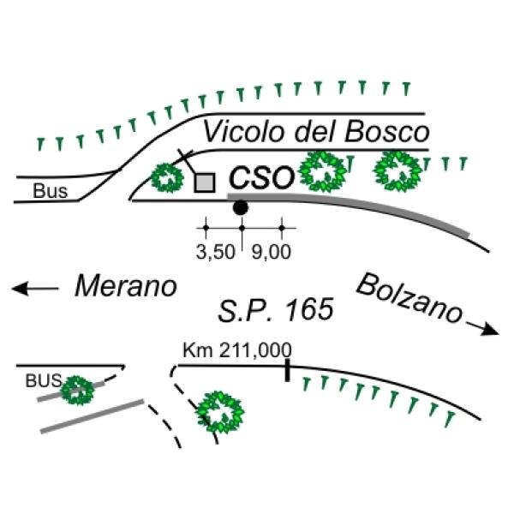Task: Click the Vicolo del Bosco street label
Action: pyautogui.click(x=317, y=132)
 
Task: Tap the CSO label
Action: pyautogui.click(x=261, y=177)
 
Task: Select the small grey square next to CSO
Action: pyautogui.click(x=205, y=183)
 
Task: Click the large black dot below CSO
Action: pyautogui.click(x=240, y=207)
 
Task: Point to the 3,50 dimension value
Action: pyautogui.click(x=216, y=252)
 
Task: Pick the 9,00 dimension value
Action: pyautogui.click(x=271, y=252)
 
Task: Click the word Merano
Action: pyautogui.click(x=126, y=286)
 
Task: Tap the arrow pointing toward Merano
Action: pyautogui.click(x=35, y=289)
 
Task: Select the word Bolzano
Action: pyautogui.click(x=409, y=299)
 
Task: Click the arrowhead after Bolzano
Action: pyautogui.click(x=490, y=330)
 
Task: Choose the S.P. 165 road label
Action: pyautogui.click(x=276, y=310)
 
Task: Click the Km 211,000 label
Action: pyautogui.click(x=237, y=350)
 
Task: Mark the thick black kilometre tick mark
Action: pyautogui.click(x=288, y=370)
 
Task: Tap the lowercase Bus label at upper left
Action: pyautogui.click(x=51, y=191)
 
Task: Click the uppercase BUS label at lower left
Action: pyautogui.click(x=44, y=381)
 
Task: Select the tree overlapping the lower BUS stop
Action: pyautogui.click(x=78, y=390)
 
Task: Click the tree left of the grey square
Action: pyautogui.click(x=167, y=178)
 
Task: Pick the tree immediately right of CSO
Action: pyautogui.click(x=323, y=172)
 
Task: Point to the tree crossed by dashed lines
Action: pyautogui.click(x=220, y=412)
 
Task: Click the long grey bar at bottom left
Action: pyautogui.click(x=93, y=416)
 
